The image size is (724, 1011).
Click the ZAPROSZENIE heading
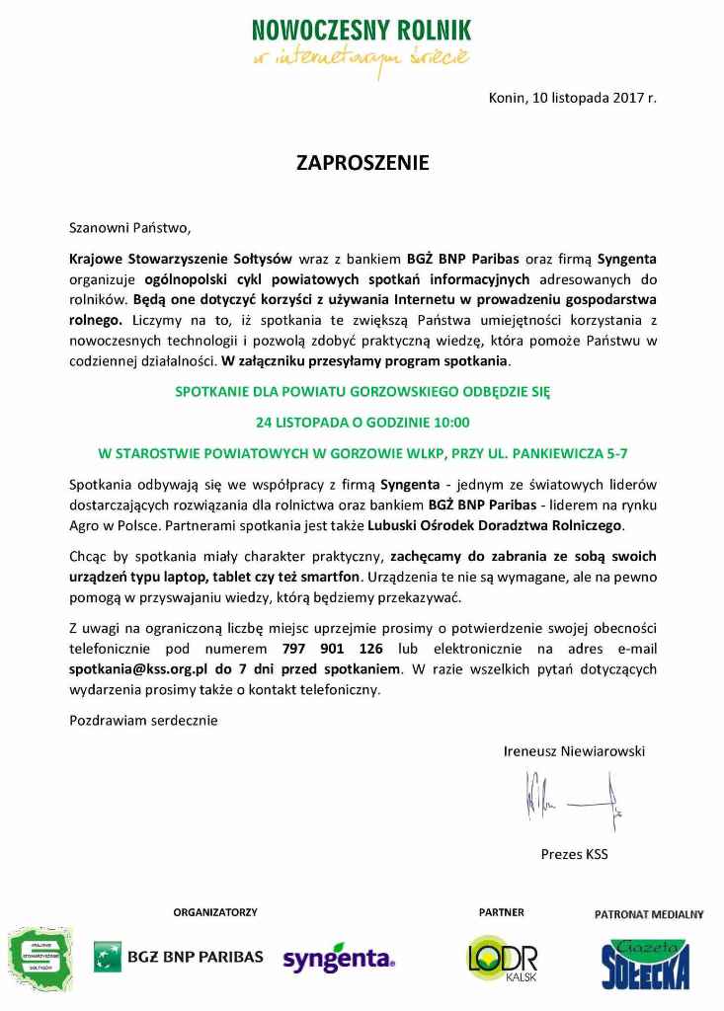tap(362, 163)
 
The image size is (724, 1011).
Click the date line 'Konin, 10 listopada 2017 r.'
tap(572, 98)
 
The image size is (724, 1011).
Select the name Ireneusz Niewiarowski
tap(574, 751)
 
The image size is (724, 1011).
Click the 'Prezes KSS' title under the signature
tap(574, 853)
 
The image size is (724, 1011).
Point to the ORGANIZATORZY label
tap(215, 912)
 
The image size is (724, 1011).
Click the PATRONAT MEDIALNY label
tap(648, 914)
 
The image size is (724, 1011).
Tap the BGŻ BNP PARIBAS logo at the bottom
tap(179, 956)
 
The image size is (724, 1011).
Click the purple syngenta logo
tap(339, 958)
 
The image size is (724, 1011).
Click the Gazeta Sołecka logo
tap(646, 963)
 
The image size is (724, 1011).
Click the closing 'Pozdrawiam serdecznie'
tap(143, 720)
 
